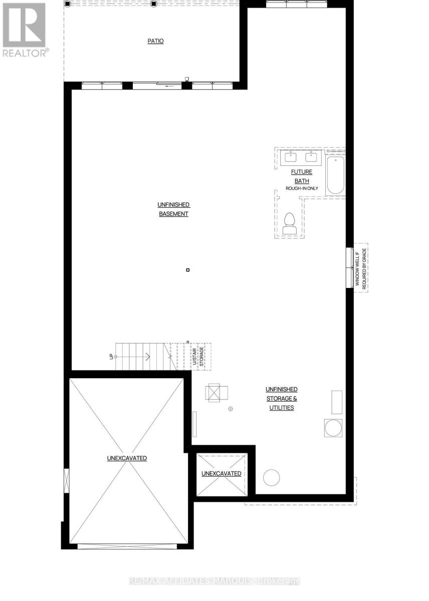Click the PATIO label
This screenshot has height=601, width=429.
155,41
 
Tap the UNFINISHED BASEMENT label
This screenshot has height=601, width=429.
173,209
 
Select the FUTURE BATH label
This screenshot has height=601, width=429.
301,176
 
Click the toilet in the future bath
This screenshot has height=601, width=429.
290,224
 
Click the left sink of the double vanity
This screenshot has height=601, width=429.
291,157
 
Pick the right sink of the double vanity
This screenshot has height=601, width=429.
312,157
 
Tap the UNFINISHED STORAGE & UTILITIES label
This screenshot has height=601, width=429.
281,398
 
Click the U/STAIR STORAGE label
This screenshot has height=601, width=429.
198,356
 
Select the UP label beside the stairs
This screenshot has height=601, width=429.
112,357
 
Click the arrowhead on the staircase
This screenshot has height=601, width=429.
148,357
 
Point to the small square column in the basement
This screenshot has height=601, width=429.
188,270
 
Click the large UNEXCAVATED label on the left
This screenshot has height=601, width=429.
127,458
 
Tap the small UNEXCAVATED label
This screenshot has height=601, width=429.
221,473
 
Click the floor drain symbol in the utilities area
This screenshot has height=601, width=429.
231,409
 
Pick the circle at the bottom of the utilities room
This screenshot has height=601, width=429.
272,477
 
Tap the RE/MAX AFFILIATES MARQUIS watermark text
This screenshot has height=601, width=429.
214,581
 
